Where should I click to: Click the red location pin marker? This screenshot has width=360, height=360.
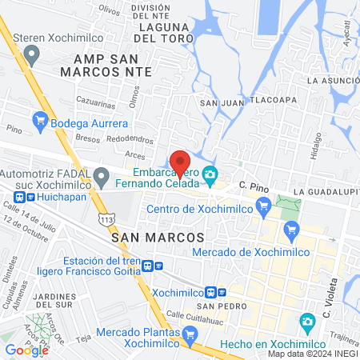[x=180, y=162]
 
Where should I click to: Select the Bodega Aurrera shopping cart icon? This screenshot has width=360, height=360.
[x=38, y=123]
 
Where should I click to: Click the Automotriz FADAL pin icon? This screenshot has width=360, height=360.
[x=101, y=178]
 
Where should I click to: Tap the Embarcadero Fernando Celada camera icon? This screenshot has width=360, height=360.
[x=210, y=173]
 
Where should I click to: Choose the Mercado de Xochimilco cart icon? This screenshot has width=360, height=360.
[x=290, y=232]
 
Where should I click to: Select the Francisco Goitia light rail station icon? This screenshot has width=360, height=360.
[x=159, y=266]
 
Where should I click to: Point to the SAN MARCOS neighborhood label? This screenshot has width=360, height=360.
[x=158, y=238]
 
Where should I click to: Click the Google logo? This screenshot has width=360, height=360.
[x=26, y=350]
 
